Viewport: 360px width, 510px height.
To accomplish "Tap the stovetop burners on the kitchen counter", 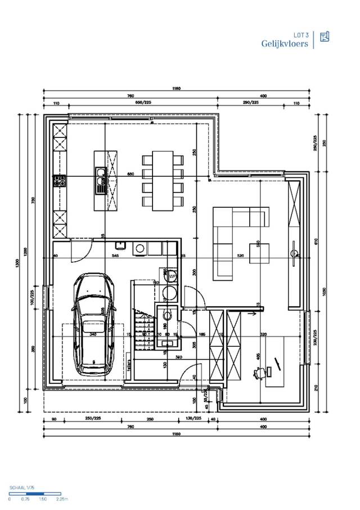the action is (x=60, y=181).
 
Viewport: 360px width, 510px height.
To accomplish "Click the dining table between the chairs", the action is (x=163, y=180).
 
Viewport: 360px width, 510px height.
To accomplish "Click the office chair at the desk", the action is (x=260, y=373).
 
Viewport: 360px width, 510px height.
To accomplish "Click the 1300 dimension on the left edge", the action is (x=19, y=262).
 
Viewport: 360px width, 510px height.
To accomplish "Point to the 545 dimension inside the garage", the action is (x=115, y=256).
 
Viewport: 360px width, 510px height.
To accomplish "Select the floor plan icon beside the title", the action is (x=324, y=37).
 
